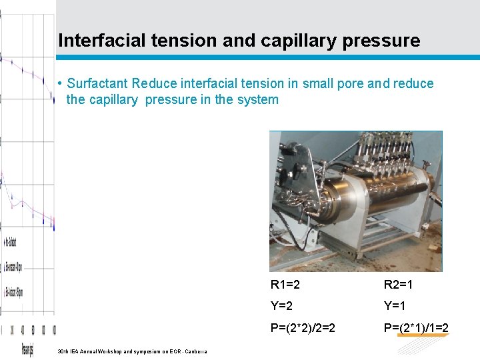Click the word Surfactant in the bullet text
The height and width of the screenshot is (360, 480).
[98, 84]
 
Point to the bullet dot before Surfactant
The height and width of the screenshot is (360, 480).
[60, 84]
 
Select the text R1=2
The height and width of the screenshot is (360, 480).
[285, 285]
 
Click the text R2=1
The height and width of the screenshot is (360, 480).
[399, 285]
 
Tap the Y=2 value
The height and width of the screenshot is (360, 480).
[282, 307]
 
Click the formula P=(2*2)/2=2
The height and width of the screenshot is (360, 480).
[303, 327]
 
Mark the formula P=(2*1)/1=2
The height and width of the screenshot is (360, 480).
[416, 327]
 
